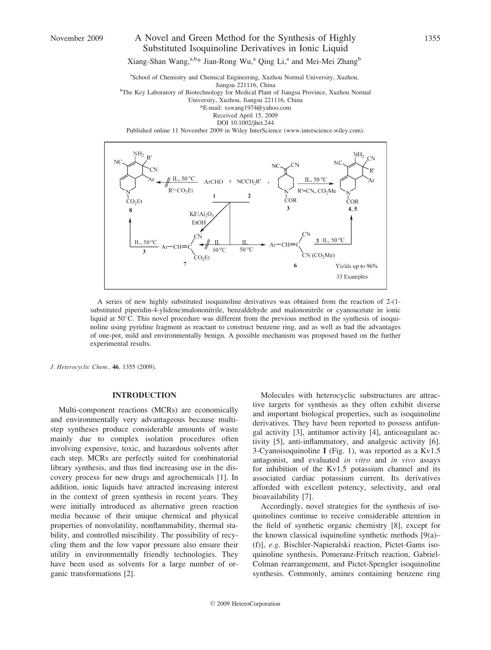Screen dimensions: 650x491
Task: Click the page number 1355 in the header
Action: click(x=432, y=38)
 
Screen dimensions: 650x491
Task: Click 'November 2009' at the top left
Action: click(x=77, y=38)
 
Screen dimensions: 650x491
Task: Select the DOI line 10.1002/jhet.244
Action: click(x=245, y=123)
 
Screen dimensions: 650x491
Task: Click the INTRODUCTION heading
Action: click(x=144, y=395)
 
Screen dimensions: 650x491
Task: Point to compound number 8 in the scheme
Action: click(x=131, y=210)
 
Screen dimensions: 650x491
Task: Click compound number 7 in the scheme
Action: click(x=185, y=264)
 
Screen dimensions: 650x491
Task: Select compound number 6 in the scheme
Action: click(x=295, y=265)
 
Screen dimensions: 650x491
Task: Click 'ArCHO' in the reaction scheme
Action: click(x=213, y=182)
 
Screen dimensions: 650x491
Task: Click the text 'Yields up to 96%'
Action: click(x=356, y=266)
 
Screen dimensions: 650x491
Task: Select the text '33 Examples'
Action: click(x=352, y=276)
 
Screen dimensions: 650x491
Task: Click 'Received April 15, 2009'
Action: click(x=245, y=115)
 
